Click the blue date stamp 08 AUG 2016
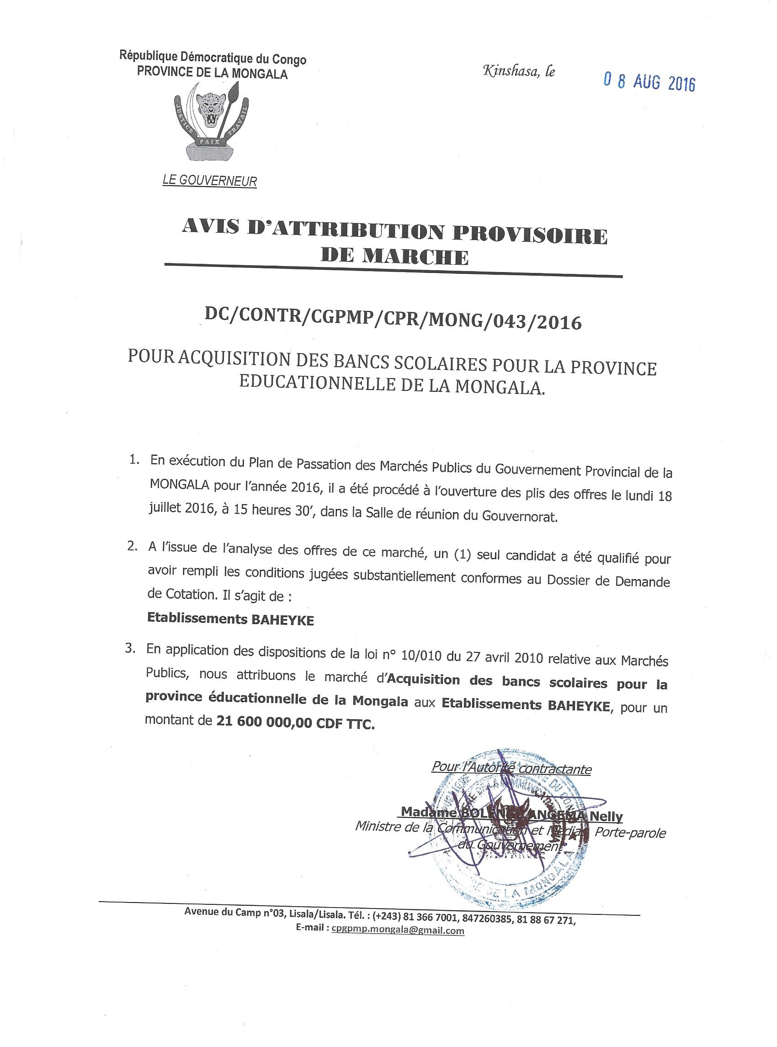[x=649, y=83]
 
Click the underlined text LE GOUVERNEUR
[x=210, y=181]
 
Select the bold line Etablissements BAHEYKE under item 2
[x=230, y=620]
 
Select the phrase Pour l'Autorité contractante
[x=511, y=769]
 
